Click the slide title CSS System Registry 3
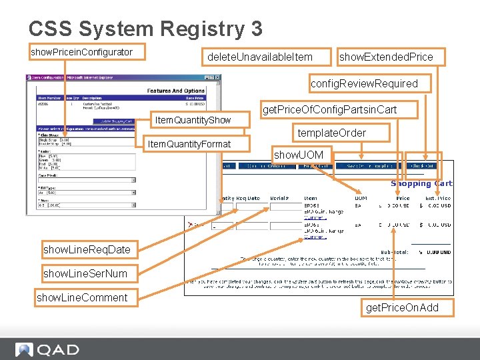coord(145,29)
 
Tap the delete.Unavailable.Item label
coord(259,57)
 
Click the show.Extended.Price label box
coord(386,57)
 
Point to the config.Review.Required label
coord(364,83)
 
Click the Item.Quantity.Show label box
coord(193,120)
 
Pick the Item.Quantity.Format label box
coord(189,144)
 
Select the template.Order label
coord(331,133)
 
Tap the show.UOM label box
coord(299,155)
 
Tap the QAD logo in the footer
coord(47,349)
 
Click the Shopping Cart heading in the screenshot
coord(421,183)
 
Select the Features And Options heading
coord(176,91)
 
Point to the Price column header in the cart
coord(403,198)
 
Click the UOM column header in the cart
coord(361,198)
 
